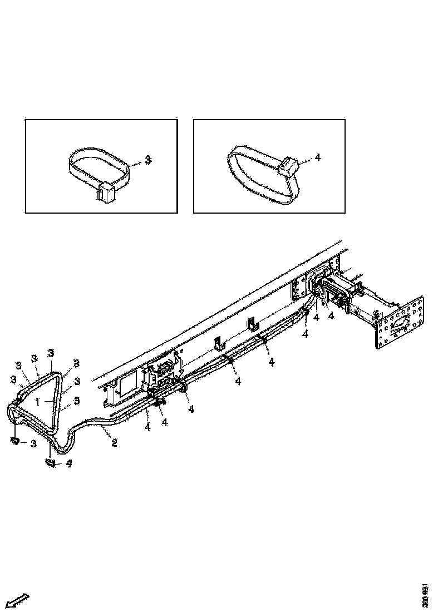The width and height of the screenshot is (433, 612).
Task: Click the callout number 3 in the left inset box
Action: pos(148,160)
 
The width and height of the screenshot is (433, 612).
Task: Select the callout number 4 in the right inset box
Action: pos(318,158)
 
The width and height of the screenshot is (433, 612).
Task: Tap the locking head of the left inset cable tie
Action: pos(106,192)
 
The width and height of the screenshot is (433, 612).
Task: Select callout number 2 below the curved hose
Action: pos(114,443)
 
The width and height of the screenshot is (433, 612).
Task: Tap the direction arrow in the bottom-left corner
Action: pos(17,600)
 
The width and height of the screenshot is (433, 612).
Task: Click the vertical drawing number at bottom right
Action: pos(425,595)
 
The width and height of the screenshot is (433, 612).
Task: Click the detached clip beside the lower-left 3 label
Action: pos(16,441)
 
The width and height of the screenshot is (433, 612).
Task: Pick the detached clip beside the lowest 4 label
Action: pos(50,462)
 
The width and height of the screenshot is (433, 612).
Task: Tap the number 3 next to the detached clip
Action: pos(34,443)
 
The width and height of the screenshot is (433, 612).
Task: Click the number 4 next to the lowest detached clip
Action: pos(68,463)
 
